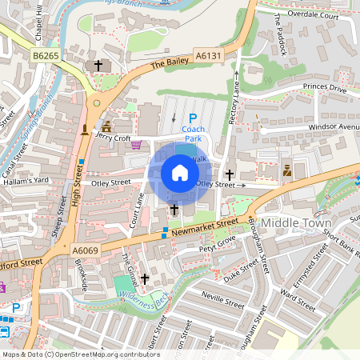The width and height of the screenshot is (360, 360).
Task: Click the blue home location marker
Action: pos(180,173)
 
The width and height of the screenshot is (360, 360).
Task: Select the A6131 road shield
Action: pos(206,54)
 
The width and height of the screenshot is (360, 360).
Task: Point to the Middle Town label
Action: pos(296,222)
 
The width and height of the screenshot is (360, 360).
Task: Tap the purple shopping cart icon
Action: pos(136,145)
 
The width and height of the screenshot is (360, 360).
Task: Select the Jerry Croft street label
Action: pos(111,138)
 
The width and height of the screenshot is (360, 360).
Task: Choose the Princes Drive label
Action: pos(324,90)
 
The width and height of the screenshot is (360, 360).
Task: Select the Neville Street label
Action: pos(223,305)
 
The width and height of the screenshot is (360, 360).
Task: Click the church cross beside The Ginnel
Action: pos(145,278)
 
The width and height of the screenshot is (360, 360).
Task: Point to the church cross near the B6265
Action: pos(98,66)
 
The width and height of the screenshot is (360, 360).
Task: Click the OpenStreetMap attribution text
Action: pos(80,354)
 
